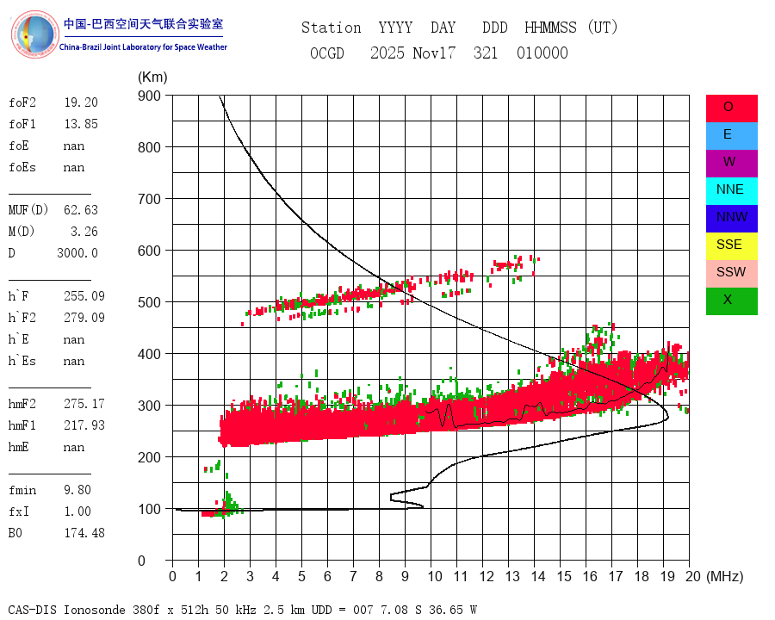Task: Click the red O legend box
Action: click(731, 108)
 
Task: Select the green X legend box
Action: click(731, 301)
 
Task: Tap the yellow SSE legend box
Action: click(731, 245)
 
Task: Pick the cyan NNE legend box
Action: click(731, 190)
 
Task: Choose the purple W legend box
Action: click(731, 163)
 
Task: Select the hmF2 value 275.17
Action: click(84, 404)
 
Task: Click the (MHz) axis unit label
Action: click(723, 576)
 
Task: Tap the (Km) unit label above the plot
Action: click(153, 77)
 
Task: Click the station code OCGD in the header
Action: click(327, 53)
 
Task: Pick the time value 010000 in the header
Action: click(542, 53)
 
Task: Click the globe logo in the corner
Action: click(34, 34)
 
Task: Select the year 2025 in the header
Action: click(387, 53)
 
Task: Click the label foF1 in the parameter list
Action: click(22, 124)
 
